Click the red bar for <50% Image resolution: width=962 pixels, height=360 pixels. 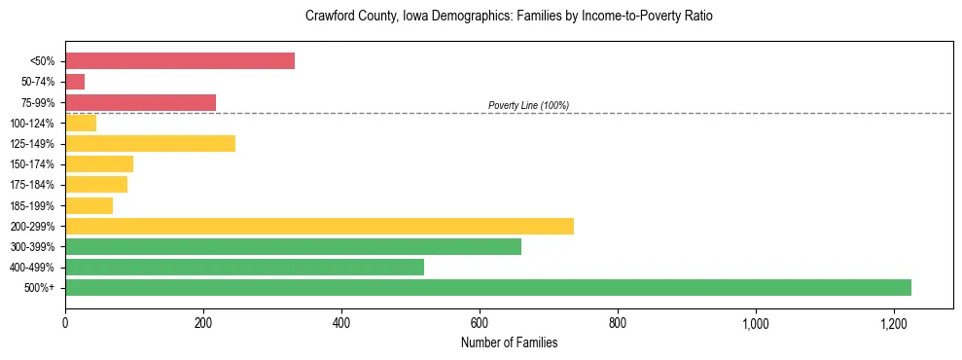tap(180, 61)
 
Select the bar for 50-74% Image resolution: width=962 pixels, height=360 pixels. tap(75, 82)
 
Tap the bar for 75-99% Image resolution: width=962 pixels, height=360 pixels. tap(140, 102)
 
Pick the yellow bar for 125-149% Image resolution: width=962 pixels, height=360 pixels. tap(150, 143)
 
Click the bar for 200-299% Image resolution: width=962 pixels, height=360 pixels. tap(319, 226)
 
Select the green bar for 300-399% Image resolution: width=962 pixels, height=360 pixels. tap(293, 246)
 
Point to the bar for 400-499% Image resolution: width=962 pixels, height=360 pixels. tap(244, 267)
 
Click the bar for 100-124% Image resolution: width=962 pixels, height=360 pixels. tap(81, 123)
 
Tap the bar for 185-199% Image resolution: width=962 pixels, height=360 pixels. tap(89, 205)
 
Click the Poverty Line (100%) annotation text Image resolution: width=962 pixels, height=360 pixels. tap(528, 105)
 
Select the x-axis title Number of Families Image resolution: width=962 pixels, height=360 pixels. tap(509, 342)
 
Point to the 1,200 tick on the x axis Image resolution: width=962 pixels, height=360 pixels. tap(894, 322)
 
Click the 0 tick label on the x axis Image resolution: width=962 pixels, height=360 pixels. tap(65, 322)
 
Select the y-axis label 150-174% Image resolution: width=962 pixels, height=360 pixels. tap(32, 164)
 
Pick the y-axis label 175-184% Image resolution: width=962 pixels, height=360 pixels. tap(32, 185)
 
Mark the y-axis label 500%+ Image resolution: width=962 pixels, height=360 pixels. tap(40, 288)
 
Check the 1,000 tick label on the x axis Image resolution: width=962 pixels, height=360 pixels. tap(756, 322)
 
